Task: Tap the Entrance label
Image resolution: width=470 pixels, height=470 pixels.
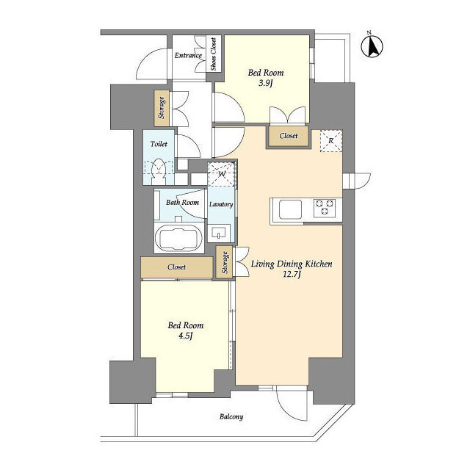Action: click(188, 55)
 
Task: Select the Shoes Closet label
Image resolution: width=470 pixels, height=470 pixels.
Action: click(214, 54)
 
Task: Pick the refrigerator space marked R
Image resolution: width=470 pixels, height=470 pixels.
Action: click(330, 141)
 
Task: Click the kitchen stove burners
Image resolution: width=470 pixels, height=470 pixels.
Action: click(325, 209)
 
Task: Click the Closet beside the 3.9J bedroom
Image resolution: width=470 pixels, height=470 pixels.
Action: click(288, 136)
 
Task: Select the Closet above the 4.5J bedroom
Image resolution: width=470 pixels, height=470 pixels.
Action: click(176, 267)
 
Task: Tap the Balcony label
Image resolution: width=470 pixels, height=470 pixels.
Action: click(231, 417)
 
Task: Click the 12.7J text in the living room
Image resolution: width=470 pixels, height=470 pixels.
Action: click(292, 277)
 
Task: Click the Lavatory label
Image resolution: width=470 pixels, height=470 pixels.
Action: click(221, 204)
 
